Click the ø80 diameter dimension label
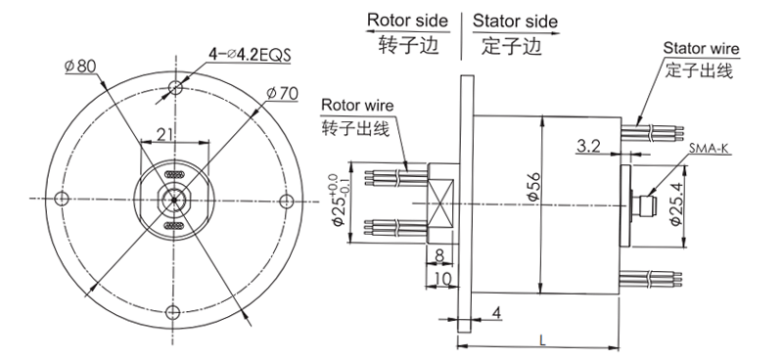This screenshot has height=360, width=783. (x=81, y=67)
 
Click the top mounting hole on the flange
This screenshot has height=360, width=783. (x=174, y=88)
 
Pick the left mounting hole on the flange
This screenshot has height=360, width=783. (x=62, y=200)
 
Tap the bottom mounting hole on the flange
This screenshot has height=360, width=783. (x=174, y=312)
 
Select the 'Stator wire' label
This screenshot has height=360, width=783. (x=701, y=48)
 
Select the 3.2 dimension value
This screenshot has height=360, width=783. (x=589, y=147)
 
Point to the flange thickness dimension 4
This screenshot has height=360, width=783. (x=497, y=313)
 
